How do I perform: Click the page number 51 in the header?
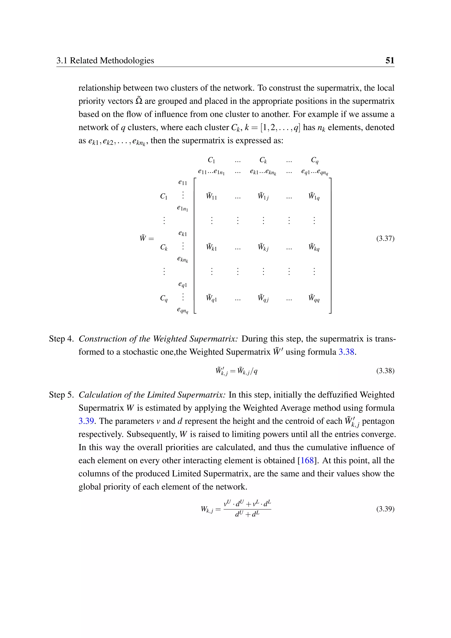[x=390, y=60]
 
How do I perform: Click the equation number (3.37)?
[x=385, y=238]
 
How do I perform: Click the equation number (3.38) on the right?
[x=385, y=371]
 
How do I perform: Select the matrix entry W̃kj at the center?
[x=263, y=247]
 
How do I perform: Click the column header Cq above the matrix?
[x=315, y=160]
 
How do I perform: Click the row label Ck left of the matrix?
[x=164, y=247]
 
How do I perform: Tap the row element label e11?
[x=183, y=183]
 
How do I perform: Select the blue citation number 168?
[x=307, y=460]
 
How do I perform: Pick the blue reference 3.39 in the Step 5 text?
[x=86, y=421]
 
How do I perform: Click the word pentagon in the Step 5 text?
[x=378, y=421]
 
